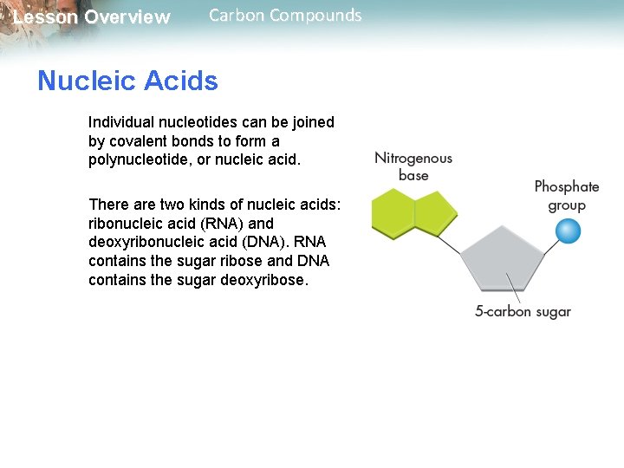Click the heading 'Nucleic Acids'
point(127,81)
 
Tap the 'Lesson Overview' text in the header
point(92,17)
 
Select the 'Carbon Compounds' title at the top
point(285,15)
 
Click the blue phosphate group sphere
point(568,231)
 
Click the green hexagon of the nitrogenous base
point(393,213)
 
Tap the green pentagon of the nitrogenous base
point(435,214)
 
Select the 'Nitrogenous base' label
point(413,166)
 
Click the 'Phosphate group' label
point(567,196)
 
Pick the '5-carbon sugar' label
point(523,312)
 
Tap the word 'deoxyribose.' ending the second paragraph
point(268,280)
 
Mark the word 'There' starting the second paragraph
point(107,204)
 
